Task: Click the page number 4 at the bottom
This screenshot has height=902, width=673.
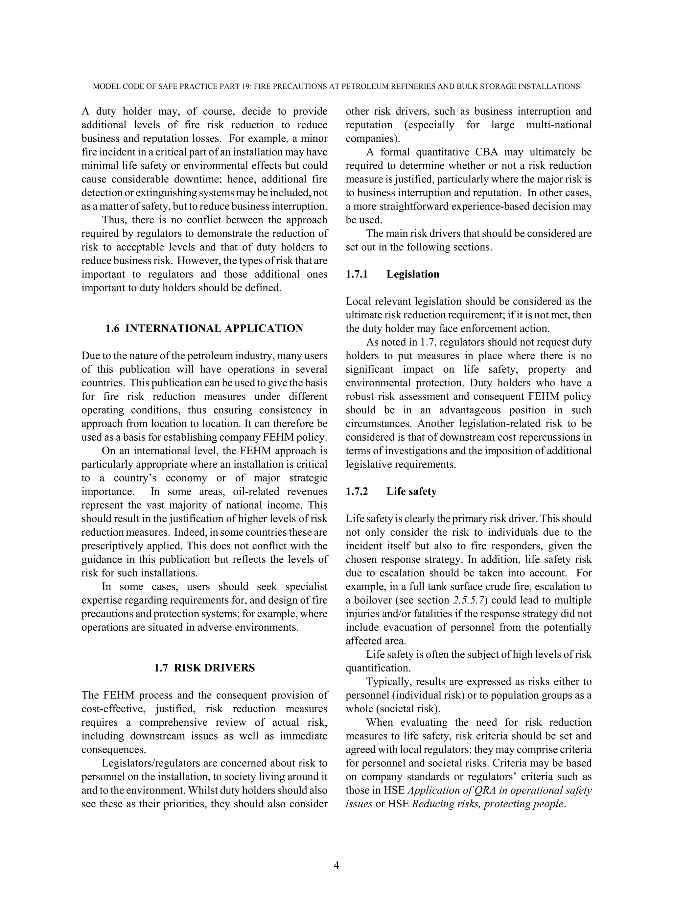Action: pos(336,865)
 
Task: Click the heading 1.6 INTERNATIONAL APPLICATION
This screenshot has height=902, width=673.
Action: pos(204,329)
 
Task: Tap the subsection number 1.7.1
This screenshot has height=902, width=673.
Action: pos(357,274)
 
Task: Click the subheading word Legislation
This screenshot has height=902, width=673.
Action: pos(413,274)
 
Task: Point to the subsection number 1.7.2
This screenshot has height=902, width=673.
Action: pos(357,492)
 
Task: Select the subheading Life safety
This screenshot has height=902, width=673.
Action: pos(411,492)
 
